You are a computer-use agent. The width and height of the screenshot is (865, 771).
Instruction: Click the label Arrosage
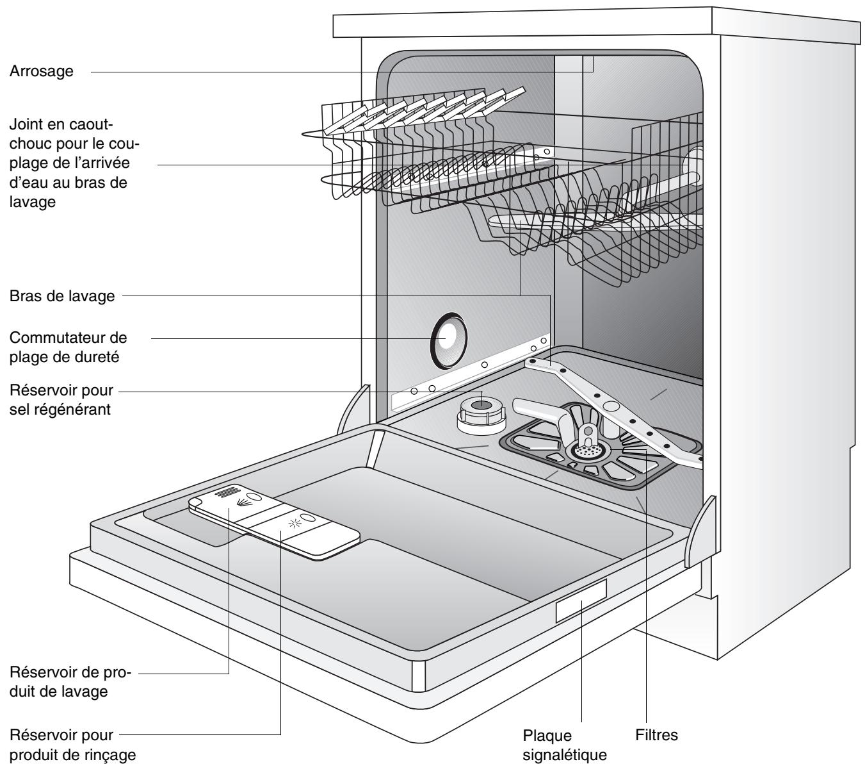coord(42,72)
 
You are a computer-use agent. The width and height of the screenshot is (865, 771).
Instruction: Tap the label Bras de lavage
coord(62,296)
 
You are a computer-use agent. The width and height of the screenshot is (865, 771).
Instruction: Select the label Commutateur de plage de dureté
coord(69,347)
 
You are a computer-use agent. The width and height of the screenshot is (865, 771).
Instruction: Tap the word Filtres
coord(656,736)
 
